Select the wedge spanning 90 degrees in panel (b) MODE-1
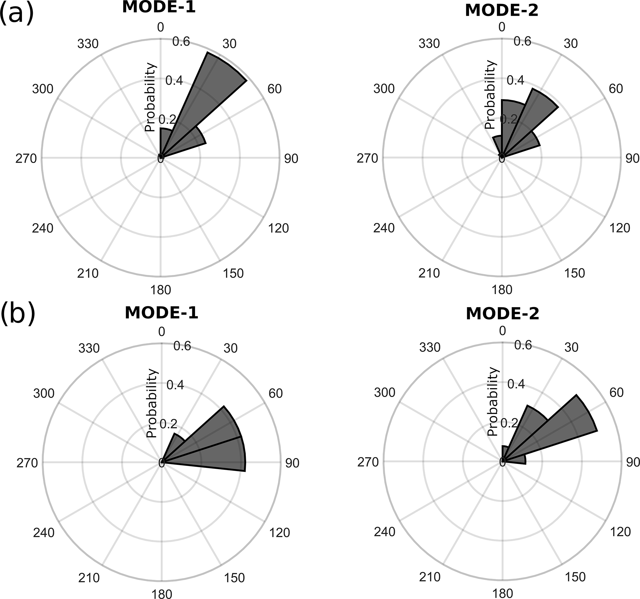[219, 456]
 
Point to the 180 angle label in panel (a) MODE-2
[502, 290]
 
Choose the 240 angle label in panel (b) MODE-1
[44, 533]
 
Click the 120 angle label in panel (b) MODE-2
[620, 532]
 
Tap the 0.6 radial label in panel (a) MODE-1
[181, 42]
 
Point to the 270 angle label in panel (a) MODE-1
[26, 159]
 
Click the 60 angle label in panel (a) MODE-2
[616, 89]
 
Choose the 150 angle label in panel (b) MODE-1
[234, 578]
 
